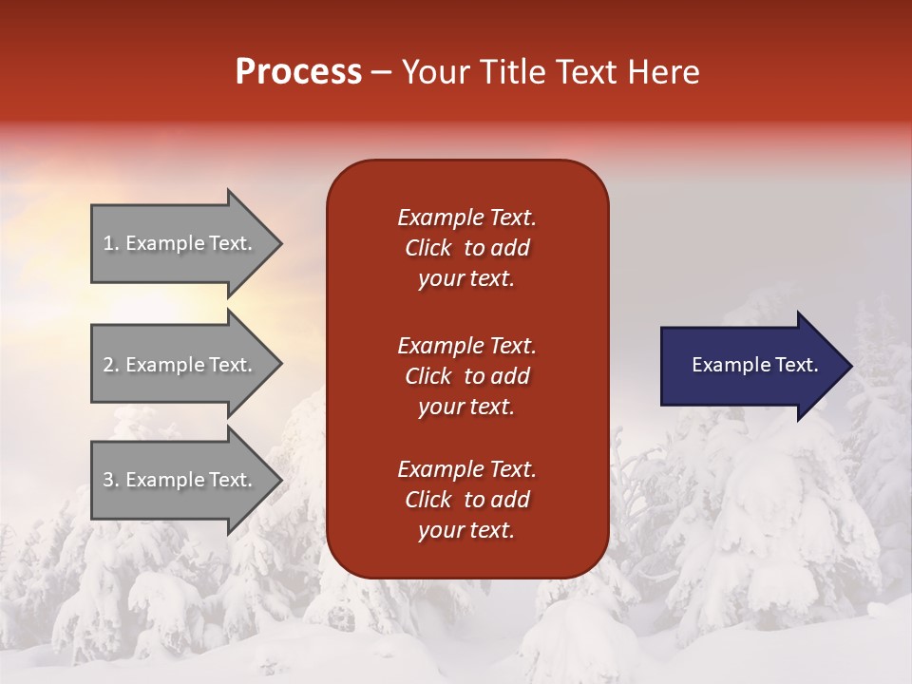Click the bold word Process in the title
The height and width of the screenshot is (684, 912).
(x=298, y=72)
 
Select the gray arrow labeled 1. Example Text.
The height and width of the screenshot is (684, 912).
(x=180, y=243)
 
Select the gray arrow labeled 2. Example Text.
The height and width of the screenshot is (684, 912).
(x=180, y=365)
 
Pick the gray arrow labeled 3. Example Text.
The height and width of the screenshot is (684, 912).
(x=180, y=480)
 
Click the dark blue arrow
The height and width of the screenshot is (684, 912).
(x=750, y=366)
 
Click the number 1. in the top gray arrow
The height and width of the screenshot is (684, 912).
(x=111, y=243)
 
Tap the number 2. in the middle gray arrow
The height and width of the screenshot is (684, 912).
(x=111, y=365)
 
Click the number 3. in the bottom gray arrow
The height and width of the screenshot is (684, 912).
(x=111, y=480)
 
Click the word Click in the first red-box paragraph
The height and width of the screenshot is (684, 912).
(x=428, y=248)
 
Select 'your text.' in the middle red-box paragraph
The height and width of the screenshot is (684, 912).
(x=466, y=407)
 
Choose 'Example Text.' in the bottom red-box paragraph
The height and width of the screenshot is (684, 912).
(x=466, y=469)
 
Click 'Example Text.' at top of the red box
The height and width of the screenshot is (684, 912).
(x=466, y=218)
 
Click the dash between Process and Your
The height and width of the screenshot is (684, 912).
(x=381, y=73)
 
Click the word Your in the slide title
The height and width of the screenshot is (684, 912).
(x=433, y=72)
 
